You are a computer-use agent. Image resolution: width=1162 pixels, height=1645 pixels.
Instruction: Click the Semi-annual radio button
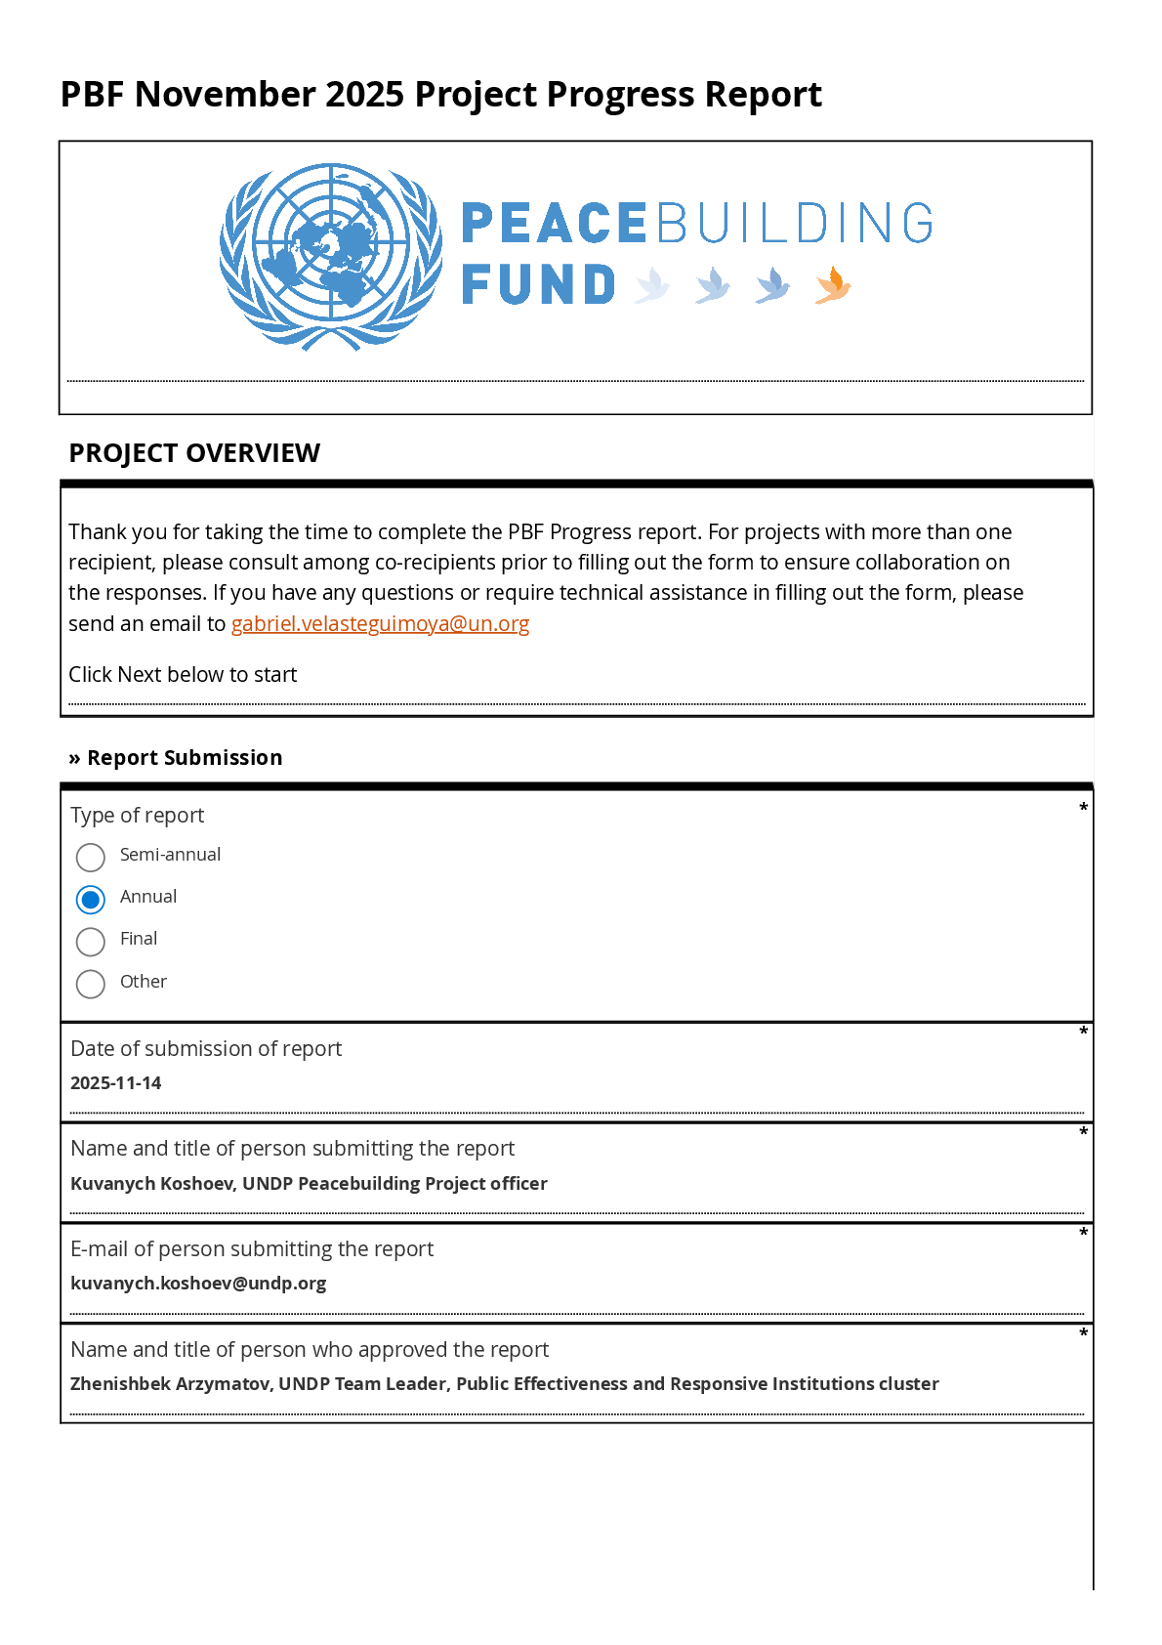tap(91, 857)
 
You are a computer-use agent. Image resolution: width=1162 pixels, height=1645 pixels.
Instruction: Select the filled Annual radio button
tap(91, 899)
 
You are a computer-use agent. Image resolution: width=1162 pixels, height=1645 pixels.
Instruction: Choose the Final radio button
tap(91, 942)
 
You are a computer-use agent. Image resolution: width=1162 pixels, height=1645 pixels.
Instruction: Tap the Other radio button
tap(91, 984)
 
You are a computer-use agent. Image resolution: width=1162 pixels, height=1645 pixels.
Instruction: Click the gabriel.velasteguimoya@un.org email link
tap(380, 624)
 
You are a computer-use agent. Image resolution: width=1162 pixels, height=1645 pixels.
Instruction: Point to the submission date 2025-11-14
tap(116, 1083)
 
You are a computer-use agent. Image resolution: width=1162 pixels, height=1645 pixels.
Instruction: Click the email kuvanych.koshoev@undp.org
tap(198, 1284)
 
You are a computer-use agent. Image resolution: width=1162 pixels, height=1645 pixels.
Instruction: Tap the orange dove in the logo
tap(833, 285)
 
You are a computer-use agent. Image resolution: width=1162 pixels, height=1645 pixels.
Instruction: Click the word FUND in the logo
tap(538, 285)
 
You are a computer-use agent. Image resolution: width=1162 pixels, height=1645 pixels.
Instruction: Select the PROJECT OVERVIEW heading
tap(194, 453)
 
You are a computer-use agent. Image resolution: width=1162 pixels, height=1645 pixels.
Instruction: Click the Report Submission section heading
tap(185, 758)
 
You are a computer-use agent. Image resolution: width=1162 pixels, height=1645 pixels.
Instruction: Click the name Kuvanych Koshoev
tap(152, 1184)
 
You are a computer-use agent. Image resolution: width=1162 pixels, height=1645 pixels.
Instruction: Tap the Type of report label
tap(138, 816)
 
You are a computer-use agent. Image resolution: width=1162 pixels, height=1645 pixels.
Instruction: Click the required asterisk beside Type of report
tap(1083, 808)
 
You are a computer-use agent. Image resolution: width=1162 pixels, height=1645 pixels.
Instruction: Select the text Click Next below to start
tap(183, 675)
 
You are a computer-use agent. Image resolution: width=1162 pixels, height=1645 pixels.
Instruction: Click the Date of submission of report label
tap(206, 1049)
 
